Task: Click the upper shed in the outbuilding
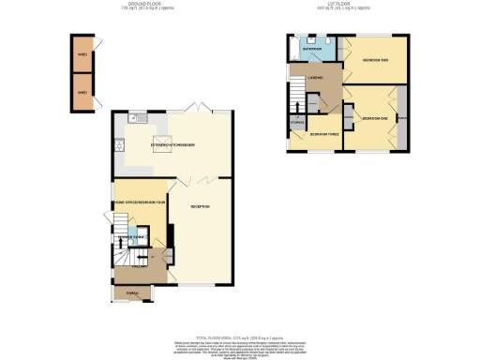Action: (x=83, y=55)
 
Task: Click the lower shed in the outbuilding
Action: (x=83, y=95)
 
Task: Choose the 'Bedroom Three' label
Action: (x=326, y=134)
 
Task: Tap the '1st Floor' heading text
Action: (x=347, y=6)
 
